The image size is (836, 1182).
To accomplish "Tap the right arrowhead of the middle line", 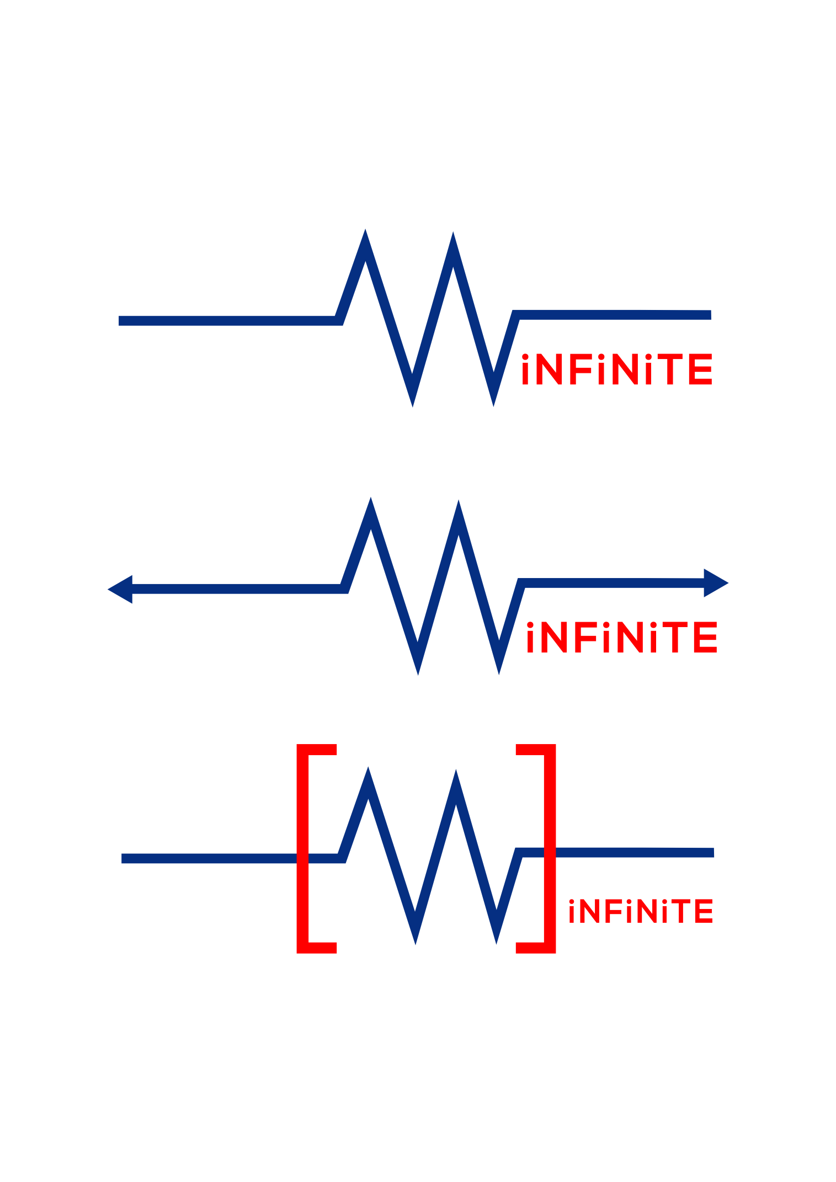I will click(x=716, y=583).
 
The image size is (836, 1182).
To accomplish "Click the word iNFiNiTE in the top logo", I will click(x=616, y=369).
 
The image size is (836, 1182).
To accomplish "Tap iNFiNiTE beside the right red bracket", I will click(x=641, y=911).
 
